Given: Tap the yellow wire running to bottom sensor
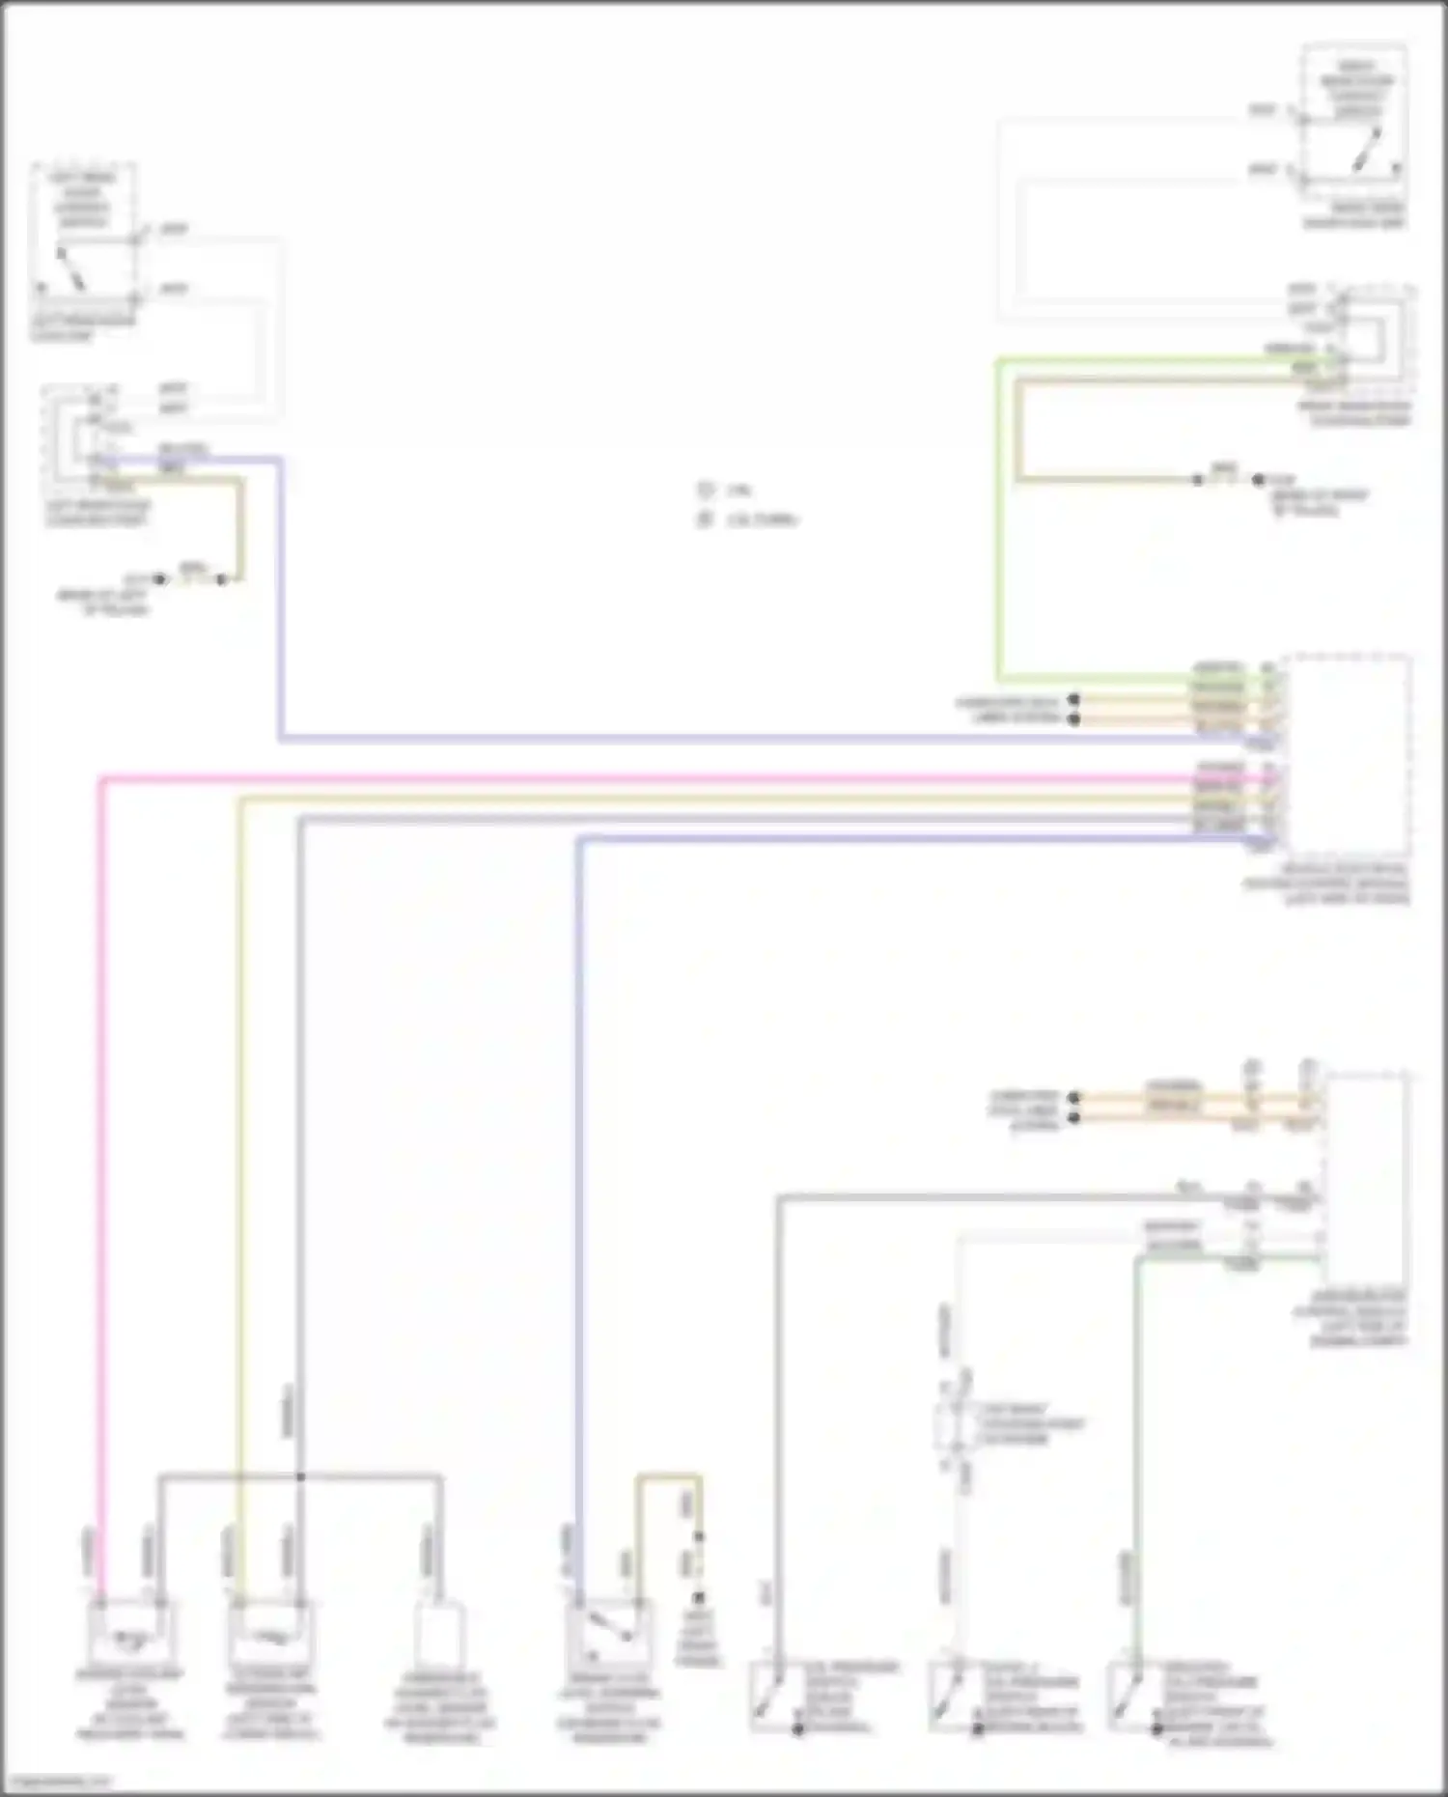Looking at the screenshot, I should (238, 1159).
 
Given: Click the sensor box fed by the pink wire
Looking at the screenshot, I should (130, 1632).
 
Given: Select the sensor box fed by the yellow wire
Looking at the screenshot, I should (271, 1632).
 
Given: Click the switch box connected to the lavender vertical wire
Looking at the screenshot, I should (608, 1632).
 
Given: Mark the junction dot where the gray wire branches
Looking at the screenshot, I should (300, 1476).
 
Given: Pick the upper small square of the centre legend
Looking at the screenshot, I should (705, 491).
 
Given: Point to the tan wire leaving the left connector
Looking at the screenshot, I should (238, 526).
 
